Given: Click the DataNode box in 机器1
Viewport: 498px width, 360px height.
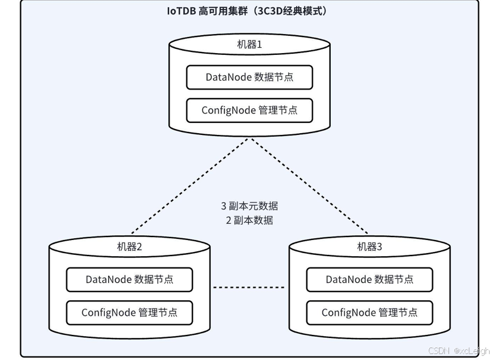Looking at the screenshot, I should click(x=250, y=78).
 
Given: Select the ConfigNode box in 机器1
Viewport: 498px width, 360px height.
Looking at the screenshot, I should click(x=250, y=110).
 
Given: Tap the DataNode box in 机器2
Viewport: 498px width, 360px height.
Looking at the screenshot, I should click(x=130, y=279).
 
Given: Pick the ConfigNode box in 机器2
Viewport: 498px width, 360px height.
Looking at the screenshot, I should click(x=130, y=312).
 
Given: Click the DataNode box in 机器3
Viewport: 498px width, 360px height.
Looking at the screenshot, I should click(x=370, y=279).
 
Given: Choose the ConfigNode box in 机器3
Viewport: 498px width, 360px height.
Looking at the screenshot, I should click(x=370, y=312).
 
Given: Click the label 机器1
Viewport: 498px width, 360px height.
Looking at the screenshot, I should click(x=250, y=45).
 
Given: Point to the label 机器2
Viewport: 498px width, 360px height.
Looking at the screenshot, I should click(x=130, y=247).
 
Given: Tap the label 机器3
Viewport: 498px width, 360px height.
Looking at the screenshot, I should click(x=370, y=247).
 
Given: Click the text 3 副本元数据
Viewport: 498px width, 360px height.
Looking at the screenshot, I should click(x=250, y=206).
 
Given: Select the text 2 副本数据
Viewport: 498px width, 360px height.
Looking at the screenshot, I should click(x=250, y=220).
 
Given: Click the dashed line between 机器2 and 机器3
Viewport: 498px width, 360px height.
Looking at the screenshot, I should click(x=249, y=287).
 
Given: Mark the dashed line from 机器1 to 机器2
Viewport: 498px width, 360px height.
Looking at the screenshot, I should click(x=190, y=186).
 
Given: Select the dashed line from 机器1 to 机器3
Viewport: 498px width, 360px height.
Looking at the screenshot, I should click(x=309, y=186).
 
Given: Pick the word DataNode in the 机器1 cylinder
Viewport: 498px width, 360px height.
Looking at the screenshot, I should click(x=228, y=78).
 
